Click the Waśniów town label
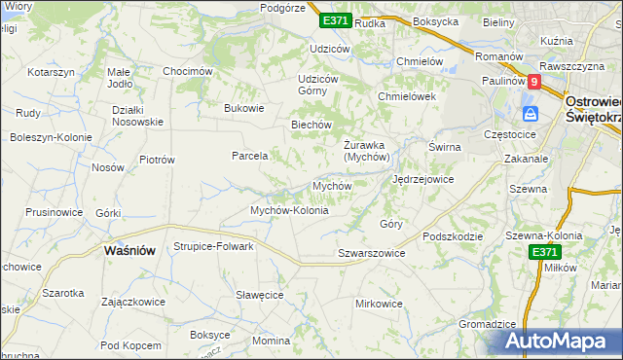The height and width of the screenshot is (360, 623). pyautogui.click(x=129, y=250)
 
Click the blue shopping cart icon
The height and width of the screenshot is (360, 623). pyautogui.click(x=531, y=114)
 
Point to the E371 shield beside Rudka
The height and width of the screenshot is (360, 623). pyautogui.click(x=334, y=20)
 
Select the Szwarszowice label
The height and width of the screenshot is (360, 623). pyautogui.click(x=371, y=253)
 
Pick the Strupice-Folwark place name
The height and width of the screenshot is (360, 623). pyautogui.click(x=213, y=246)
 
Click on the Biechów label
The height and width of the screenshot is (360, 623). pyautogui.click(x=312, y=125)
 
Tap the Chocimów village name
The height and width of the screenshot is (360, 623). pyautogui.click(x=187, y=71)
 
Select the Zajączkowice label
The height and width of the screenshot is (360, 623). pyautogui.click(x=132, y=302)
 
